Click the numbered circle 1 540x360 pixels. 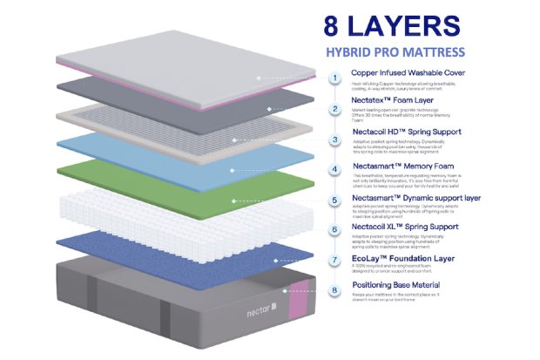tap(334, 77)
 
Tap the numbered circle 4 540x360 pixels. tap(334, 169)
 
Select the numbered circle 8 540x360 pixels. tap(334, 291)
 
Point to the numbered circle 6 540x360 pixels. tap(334, 230)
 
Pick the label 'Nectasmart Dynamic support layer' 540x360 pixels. tap(416, 199)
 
